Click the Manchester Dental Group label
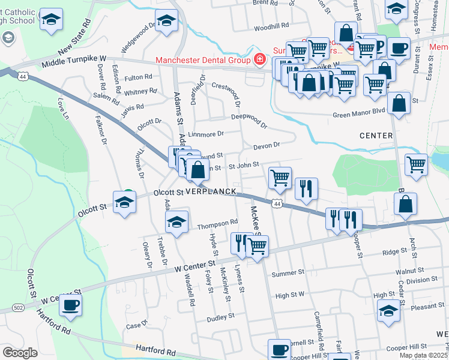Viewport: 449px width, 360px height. point(202,59)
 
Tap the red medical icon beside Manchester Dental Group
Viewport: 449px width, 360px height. point(259,59)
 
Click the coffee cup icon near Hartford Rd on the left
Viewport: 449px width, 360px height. point(70,305)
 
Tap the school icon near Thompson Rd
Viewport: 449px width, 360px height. point(176,222)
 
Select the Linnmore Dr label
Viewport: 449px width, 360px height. point(205,134)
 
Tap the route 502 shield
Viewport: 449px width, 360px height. point(17,308)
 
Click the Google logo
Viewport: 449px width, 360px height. point(20,353)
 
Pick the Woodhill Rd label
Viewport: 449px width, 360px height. point(271,27)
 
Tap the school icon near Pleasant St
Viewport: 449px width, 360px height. point(388,311)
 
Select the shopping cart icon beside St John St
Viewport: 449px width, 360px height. point(280,177)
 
